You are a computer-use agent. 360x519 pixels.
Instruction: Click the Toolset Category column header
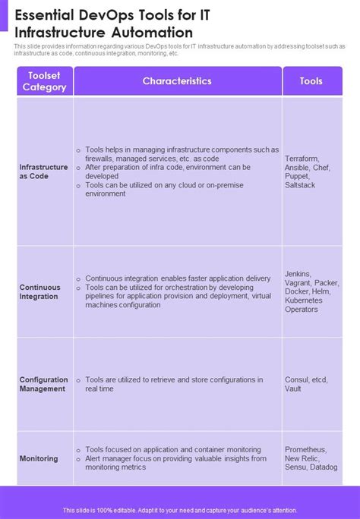point(45,81)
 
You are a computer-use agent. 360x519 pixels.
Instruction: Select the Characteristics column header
point(177,80)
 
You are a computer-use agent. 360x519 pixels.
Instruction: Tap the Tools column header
point(311,80)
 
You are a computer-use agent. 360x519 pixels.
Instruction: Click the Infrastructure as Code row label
point(44,171)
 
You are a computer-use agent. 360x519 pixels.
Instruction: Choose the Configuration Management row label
point(43,384)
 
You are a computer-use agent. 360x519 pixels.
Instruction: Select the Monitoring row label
point(39,458)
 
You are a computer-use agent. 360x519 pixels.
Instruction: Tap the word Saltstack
point(300,185)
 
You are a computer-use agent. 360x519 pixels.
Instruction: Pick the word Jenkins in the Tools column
point(297,274)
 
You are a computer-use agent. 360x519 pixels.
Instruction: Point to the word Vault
point(293,388)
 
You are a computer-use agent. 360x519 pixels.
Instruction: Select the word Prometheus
point(305,449)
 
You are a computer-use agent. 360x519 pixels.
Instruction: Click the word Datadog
point(324,467)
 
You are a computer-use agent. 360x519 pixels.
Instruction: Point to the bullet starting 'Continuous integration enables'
point(178,278)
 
